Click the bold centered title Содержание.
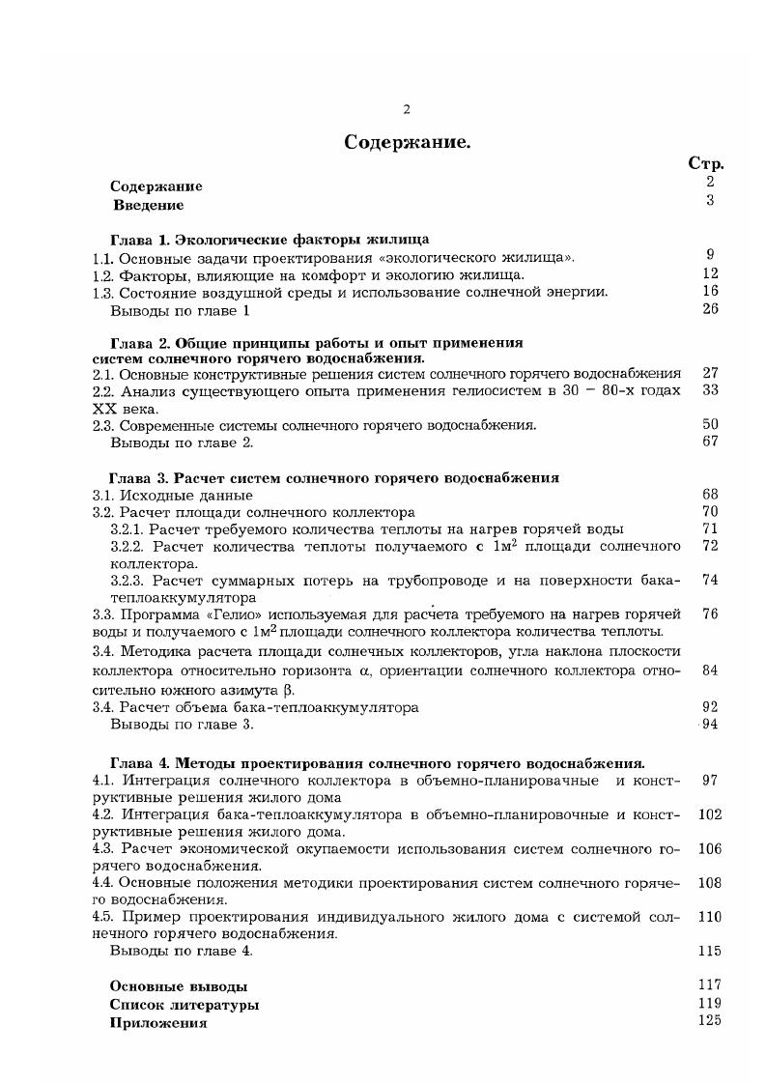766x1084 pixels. [407, 143]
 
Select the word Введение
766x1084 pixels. [148, 205]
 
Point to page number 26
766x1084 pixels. [710, 310]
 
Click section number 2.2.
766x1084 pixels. [102, 389]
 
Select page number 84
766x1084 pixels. [710, 670]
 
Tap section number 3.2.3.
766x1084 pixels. [127, 581]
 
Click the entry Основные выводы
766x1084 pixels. [179, 986]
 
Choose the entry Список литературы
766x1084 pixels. [184, 1005]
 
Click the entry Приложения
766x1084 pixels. [158, 1022]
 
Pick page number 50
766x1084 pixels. [710, 424]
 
